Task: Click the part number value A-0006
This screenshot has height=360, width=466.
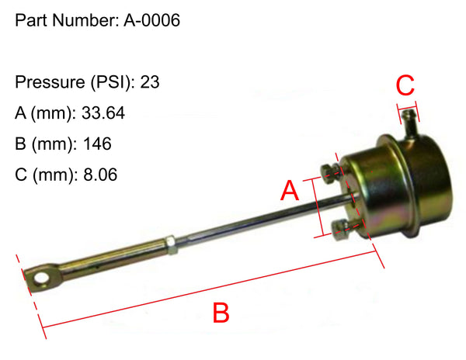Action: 151,21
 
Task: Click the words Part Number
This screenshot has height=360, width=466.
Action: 65,21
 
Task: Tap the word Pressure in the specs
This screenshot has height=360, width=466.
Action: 47,81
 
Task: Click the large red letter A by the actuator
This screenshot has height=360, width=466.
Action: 290,191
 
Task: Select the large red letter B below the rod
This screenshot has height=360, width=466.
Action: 221,313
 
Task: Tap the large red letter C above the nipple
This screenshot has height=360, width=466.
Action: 407,83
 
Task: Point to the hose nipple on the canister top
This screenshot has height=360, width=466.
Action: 409,119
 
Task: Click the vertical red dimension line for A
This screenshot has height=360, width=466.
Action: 317,206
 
